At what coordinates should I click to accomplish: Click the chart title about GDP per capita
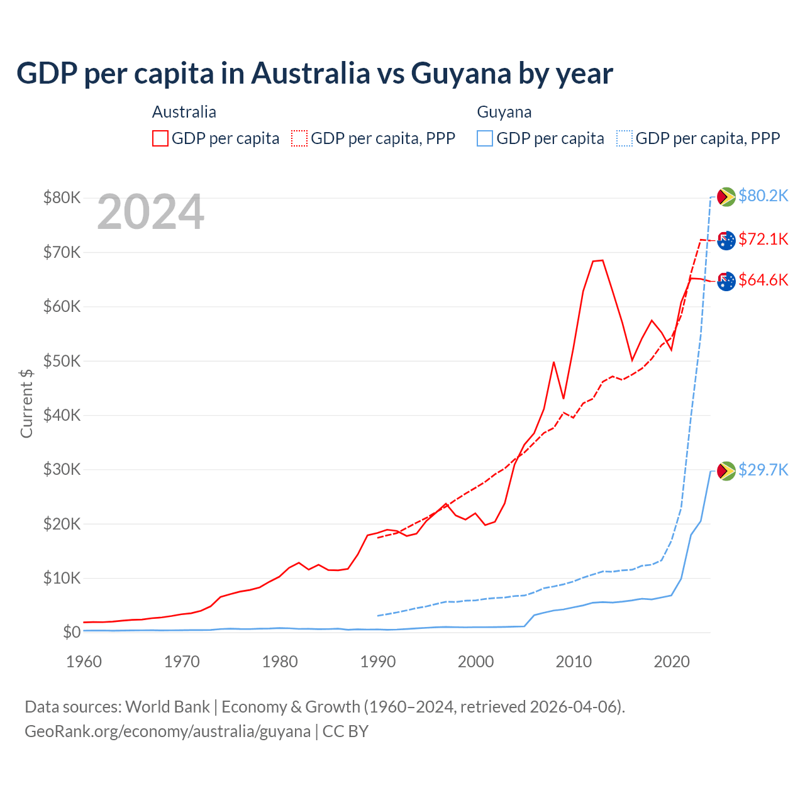(314, 73)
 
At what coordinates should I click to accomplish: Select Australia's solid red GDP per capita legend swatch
(160, 138)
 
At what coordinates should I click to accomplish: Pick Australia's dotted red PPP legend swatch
(299, 138)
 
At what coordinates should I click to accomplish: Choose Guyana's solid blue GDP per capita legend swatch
(485, 138)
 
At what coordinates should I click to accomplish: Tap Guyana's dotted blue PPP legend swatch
(625, 138)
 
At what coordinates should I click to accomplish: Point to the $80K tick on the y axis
(62, 198)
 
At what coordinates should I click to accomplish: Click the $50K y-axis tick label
(62, 361)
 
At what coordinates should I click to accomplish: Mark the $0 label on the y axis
(72, 632)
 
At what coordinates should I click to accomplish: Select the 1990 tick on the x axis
(378, 662)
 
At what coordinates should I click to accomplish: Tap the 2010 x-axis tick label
(574, 662)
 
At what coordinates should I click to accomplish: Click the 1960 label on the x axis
(84, 662)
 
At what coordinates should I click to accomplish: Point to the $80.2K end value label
(763, 196)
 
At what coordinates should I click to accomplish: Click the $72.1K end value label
(763, 239)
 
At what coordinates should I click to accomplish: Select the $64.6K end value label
(763, 280)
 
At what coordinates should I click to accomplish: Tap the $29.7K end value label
(763, 470)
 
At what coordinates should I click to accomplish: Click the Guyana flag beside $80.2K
(726, 197)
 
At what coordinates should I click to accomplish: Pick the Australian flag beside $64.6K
(726, 281)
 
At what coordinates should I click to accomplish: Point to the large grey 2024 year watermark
(150, 212)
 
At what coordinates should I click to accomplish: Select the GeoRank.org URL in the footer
(167, 731)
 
